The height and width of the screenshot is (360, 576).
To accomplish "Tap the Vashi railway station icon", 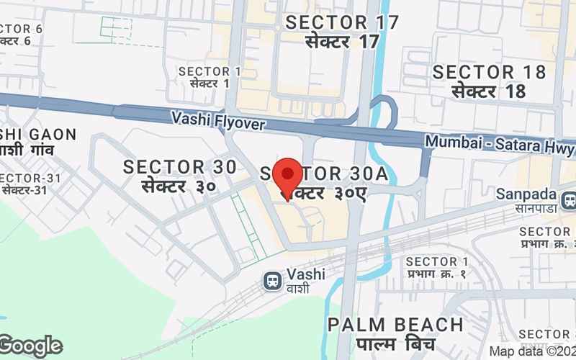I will (x=273, y=279).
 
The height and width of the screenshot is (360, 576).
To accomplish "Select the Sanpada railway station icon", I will (x=569, y=198).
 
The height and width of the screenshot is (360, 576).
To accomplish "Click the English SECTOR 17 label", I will (x=342, y=22).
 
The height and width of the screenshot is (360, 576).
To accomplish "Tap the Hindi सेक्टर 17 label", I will (x=342, y=42).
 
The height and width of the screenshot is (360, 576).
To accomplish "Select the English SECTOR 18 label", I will (x=489, y=72).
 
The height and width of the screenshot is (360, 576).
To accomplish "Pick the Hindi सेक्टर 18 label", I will (x=489, y=91).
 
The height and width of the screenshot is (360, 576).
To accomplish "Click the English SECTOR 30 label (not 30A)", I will (x=179, y=167).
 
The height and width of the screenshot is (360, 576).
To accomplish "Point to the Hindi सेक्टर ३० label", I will (x=179, y=186).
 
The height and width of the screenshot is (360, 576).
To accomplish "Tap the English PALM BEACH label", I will (x=395, y=325).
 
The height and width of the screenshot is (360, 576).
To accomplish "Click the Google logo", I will (x=31, y=346).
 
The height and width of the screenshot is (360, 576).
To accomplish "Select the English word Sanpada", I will (x=526, y=194).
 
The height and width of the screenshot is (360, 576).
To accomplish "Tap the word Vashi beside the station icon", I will (x=306, y=274).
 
